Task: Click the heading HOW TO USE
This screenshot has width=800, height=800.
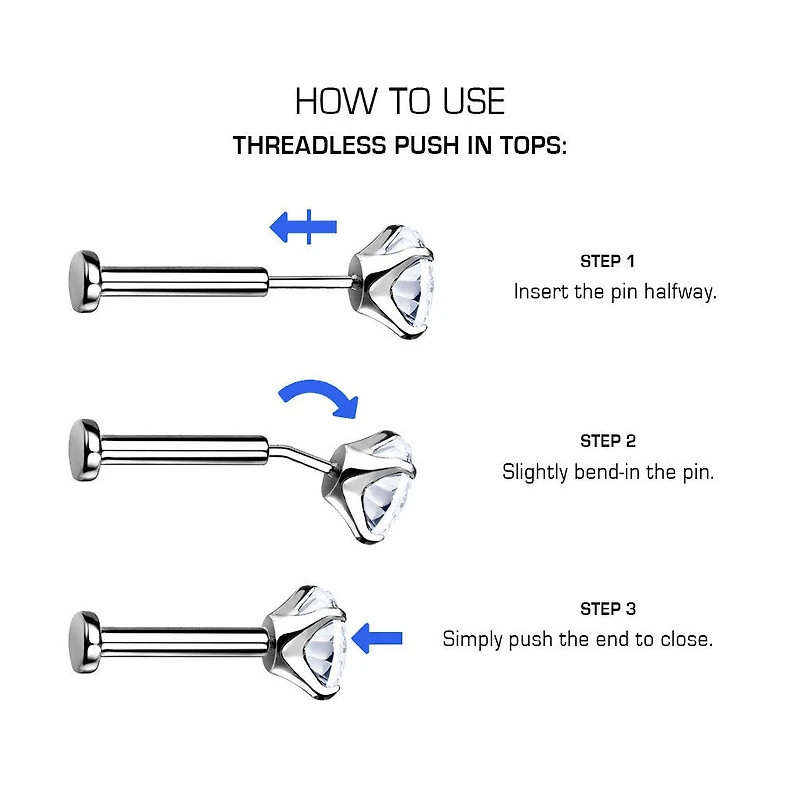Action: tap(400, 101)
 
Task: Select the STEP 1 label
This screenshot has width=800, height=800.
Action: tap(607, 261)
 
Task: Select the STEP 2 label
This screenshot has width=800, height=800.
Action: tap(608, 441)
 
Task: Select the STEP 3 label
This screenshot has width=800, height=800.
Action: tap(608, 609)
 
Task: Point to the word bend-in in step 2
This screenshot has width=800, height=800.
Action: tap(607, 472)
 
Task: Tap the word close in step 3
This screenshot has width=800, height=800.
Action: tap(686, 639)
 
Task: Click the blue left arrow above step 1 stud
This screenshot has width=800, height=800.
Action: tap(303, 227)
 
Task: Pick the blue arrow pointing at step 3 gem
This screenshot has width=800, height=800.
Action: tap(377, 638)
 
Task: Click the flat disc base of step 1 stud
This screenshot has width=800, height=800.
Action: tap(84, 281)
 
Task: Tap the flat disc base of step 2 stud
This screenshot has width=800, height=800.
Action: tap(84, 450)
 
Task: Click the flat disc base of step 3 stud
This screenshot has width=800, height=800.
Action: tap(84, 642)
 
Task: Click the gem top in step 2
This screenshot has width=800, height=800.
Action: tap(371, 486)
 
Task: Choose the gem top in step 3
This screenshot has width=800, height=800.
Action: tap(306, 642)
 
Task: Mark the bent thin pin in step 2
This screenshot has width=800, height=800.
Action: tap(298, 456)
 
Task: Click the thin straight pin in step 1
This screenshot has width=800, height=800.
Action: tap(309, 281)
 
